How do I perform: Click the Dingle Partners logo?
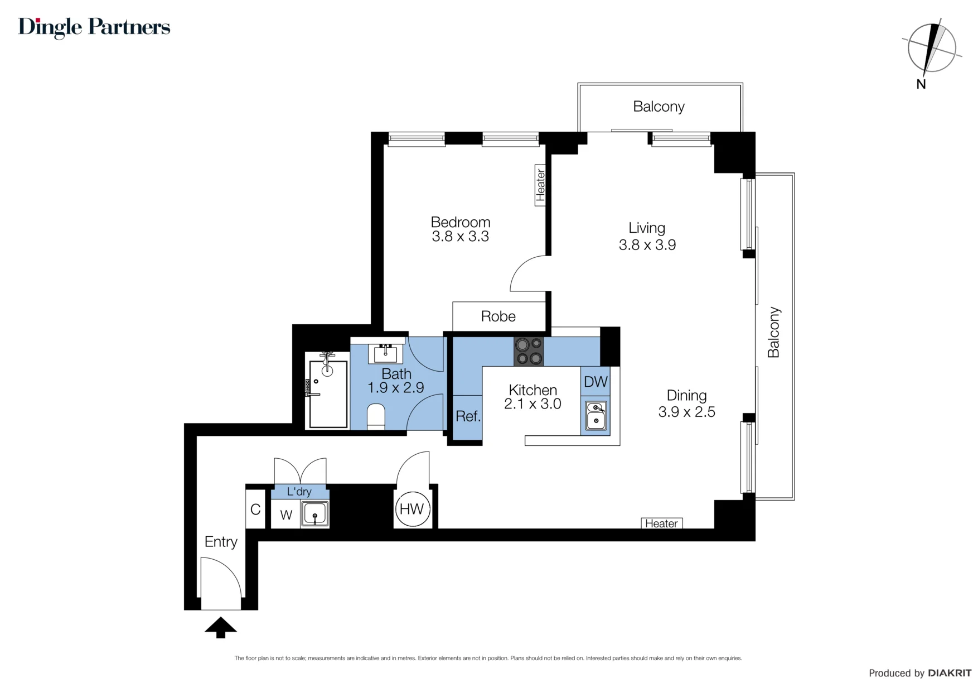[94, 27]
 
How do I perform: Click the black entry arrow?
[221, 627]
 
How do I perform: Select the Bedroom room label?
[461, 222]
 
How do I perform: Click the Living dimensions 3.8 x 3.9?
[647, 244]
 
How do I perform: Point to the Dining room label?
[686, 396]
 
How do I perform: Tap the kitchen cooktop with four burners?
[528, 352]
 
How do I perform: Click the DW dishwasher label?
[595, 382]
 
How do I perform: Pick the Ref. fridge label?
[468, 416]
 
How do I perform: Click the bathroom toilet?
[376, 416]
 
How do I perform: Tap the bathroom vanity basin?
[385, 353]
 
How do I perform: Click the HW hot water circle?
[412, 508]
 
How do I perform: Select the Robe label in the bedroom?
[498, 316]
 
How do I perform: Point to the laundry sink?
[315, 513]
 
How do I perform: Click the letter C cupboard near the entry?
[255, 509]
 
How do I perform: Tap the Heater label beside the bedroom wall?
[540, 185]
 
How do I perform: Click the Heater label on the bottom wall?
[661, 523]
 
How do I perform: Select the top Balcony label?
[659, 107]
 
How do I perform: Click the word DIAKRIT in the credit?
[950, 673]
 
